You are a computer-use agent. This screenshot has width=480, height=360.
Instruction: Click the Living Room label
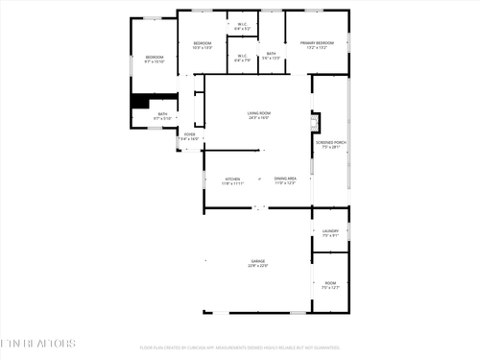258,113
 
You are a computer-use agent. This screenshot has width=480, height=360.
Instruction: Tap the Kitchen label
233,179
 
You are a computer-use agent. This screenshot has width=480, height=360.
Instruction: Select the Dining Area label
285,179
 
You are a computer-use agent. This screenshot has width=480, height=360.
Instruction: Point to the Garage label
258,260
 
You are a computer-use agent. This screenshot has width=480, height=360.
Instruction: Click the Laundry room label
329,230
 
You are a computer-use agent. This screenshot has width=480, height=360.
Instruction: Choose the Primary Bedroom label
317,43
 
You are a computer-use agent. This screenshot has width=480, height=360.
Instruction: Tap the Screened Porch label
328,143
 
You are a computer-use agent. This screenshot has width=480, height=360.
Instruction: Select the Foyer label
190,134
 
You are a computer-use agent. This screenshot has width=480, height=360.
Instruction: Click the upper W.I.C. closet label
242,25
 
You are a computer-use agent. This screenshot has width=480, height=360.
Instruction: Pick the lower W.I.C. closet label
242,55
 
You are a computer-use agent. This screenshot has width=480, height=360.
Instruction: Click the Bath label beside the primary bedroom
272,54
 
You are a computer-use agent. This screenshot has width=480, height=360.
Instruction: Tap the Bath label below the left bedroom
162,114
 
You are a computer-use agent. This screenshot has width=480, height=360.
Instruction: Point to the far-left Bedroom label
155,58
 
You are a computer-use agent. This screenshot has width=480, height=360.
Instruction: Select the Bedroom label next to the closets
202,43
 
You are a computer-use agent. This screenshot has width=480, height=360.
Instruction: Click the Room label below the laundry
330,282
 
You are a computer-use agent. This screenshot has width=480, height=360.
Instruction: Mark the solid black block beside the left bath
141,102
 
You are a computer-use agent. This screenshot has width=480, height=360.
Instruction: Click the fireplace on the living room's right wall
314,122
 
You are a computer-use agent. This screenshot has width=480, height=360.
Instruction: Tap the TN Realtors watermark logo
37,343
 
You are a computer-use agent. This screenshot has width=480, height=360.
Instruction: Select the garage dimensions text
258,265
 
